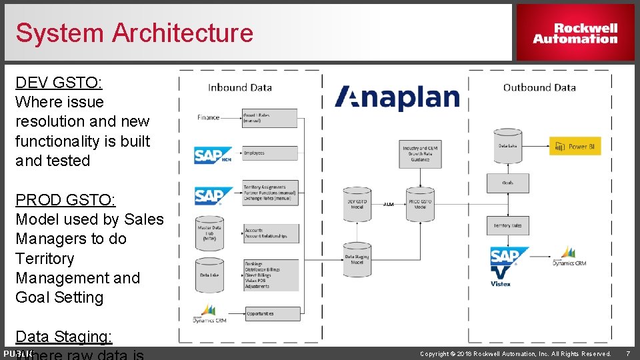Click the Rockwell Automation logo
pos(575,33)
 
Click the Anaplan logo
pos(397,97)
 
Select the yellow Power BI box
pos(575,146)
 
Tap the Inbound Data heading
pos(240,87)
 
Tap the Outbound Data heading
pos(539,87)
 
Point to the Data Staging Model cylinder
pos(357,258)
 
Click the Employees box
pos(270,153)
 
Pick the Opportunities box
pos(270,313)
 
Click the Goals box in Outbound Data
pos(507,181)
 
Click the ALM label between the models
pos(388,204)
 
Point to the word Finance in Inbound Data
pos(208,117)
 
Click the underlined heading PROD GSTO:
pos(65,200)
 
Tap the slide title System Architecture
pos(134,33)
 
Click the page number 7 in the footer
pos(627,353)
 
